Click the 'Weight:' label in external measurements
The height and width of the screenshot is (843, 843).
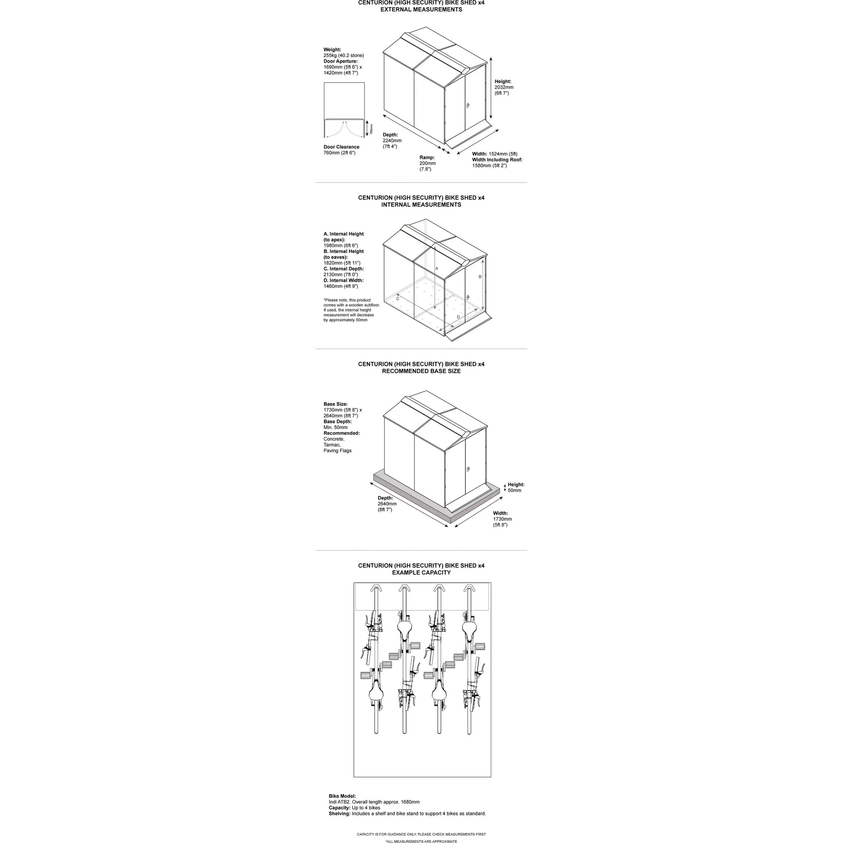[x=332, y=50]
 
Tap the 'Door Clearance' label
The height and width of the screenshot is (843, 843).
[x=341, y=147]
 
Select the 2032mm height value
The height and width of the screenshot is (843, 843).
[x=504, y=87]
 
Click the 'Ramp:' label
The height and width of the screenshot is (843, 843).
[x=427, y=157]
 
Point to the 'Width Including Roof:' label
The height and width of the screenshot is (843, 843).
[x=497, y=160]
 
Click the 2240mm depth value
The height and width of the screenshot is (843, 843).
[x=392, y=140]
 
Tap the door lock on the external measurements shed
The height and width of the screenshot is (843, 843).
[x=468, y=105]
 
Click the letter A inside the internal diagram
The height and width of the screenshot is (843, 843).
[x=436, y=268]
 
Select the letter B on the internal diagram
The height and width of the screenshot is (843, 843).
[x=480, y=277]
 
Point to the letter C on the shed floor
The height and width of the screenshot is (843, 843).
[x=398, y=299]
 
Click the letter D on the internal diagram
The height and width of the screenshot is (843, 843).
[x=458, y=317]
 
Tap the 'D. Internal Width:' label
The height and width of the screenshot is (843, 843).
[x=343, y=280]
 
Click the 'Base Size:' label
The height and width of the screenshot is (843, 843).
[x=335, y=404]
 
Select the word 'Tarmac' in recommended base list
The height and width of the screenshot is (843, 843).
[x=332, y=445]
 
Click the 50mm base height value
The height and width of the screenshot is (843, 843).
[x=515, y=490]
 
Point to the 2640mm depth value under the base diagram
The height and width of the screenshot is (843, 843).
[x=387, y=504]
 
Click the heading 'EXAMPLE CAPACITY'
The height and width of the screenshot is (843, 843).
[x=421, y=573]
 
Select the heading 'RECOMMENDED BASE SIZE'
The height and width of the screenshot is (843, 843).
[x=421, y=371]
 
